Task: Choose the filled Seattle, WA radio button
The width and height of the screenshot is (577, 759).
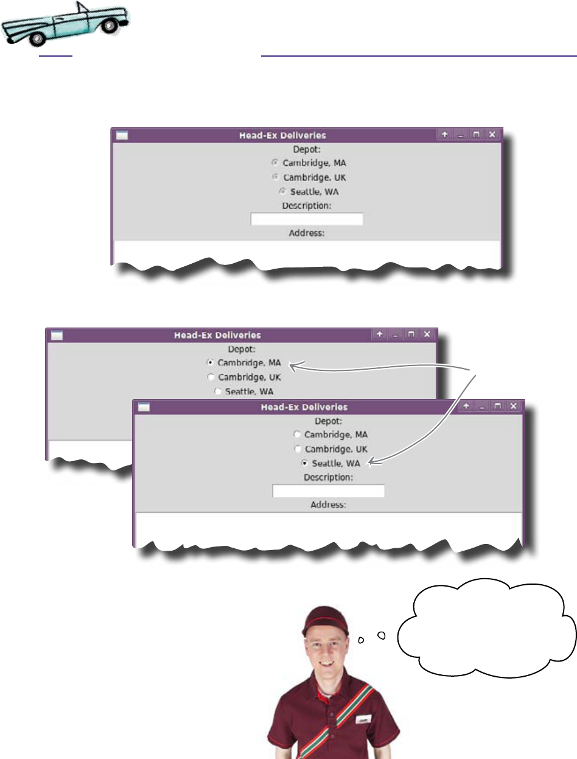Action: tap(305, 464)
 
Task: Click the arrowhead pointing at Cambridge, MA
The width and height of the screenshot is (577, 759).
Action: tap(293, 366)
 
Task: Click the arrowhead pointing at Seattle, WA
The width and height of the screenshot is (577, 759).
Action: tap(372, 465)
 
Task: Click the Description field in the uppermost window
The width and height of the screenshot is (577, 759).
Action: tap(307, 219)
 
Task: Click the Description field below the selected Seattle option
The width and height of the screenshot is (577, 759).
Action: tap(328, 491)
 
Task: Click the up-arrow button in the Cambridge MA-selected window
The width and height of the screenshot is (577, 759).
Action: tap(379, 334)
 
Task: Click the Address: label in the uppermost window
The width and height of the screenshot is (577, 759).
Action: tap(307, 233)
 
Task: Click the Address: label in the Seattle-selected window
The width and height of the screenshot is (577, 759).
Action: tap(329, 505)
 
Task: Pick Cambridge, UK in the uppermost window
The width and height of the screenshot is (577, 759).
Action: tap(276, 177)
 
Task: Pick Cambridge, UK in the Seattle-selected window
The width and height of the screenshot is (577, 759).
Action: tap(297, 449)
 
